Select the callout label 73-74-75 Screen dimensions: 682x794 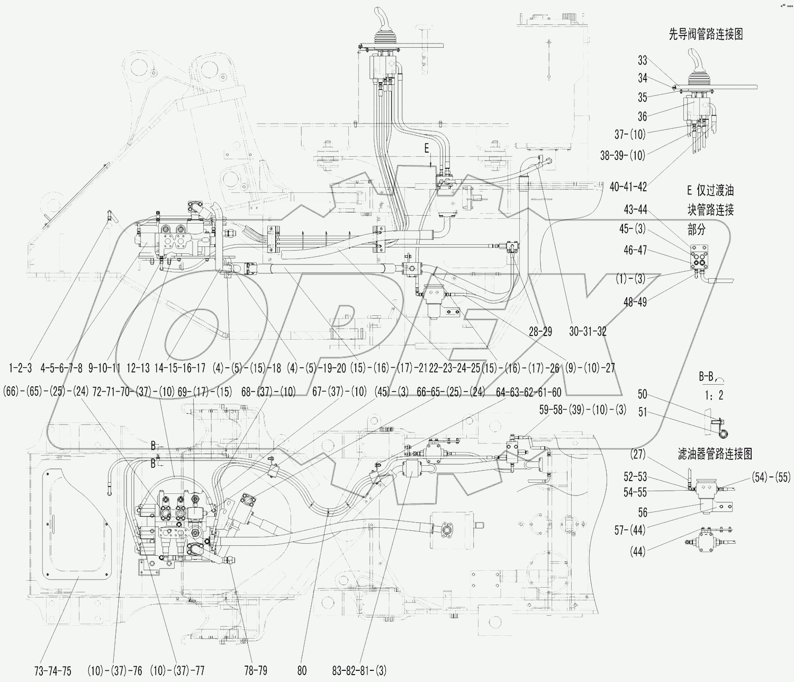coord(53,670)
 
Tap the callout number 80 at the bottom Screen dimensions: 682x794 coord(302,670)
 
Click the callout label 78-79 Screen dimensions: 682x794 coord(255,670)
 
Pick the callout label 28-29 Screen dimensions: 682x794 coord(540,332)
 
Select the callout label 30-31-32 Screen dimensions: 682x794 coord(588,332)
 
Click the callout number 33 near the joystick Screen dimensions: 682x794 coord(642,60)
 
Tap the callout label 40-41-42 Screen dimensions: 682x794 coord(628,187)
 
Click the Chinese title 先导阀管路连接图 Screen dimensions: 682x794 coord(706,34)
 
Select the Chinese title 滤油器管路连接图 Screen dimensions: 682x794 coord(715,454)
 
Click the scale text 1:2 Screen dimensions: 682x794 coord(713,395)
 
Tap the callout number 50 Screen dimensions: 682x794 coord(642,395)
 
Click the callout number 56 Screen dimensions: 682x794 coord(642,512)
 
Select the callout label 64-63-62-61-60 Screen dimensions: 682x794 coord(528,392)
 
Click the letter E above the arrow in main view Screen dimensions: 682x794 coord(427,149)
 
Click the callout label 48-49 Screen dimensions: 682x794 coord(635,303)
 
